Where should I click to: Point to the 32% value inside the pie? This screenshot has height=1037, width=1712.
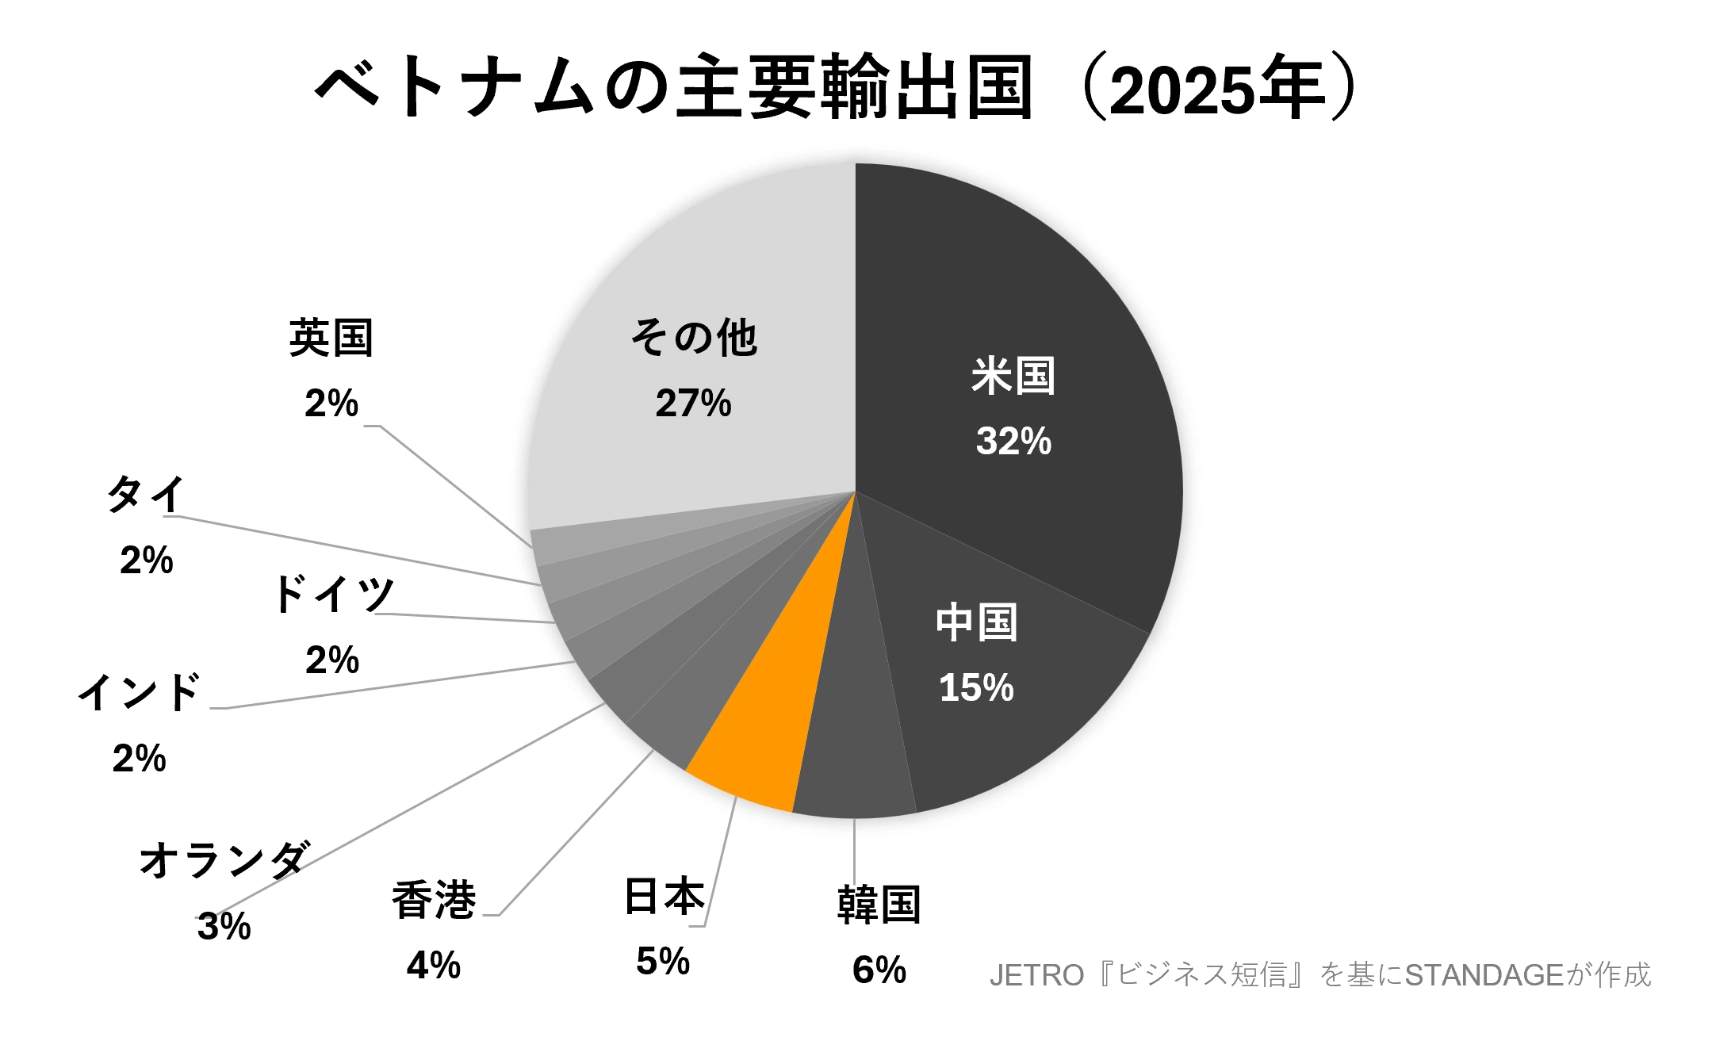pos(1013,442)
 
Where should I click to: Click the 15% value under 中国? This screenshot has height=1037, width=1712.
pos(976,688)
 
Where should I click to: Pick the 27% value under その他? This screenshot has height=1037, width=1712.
pos(693,404)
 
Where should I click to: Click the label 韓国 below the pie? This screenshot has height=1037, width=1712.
pos(879,905)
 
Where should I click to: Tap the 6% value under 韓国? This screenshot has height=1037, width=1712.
pos(879,970)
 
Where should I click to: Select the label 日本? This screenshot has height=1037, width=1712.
pos(664,897)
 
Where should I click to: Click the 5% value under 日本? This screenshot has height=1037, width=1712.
pos(663,962)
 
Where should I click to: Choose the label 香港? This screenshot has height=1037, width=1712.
pos(434,901)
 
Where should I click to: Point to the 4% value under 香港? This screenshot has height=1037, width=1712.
pos(433,966)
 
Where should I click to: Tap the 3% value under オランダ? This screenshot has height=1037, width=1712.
pos(224,926)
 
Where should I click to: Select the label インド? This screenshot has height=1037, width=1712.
pos(140,692)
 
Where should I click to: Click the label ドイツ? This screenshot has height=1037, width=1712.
pos(333,594)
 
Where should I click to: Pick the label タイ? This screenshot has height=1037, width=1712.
pos(146,495)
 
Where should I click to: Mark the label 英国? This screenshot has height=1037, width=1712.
pos(331,339)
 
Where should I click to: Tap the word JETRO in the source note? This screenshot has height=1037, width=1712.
pos(1036,975)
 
